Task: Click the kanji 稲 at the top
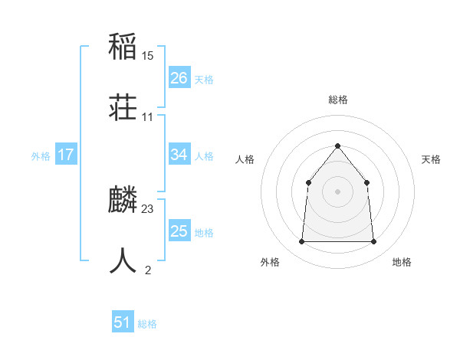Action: (x=123, y=47)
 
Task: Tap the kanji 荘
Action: (x=123, y=108)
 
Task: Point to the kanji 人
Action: (x=123, y=261)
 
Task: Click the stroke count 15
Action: (x=148, y=56)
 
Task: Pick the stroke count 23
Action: (x=148, y=209)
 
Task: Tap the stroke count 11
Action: (x=148, y=117)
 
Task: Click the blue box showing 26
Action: (x=179, y=78)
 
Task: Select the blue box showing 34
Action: (x=179, y=155)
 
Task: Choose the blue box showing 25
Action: (x=179, y=231)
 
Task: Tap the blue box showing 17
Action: (x=66, y=155)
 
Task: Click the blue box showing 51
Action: (x=123, y=323)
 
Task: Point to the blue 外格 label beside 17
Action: (x=41, y=156)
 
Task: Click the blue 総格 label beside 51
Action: (x=147, y=325)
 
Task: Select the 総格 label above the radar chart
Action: (x=338, y=100)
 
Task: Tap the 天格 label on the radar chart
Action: (x=431, y=159)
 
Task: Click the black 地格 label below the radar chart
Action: (x=402, y=262)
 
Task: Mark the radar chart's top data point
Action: (x=337, y=146)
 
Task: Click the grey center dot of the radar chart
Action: (x=337, y=191)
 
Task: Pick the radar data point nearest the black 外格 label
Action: (x=301, y=242)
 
